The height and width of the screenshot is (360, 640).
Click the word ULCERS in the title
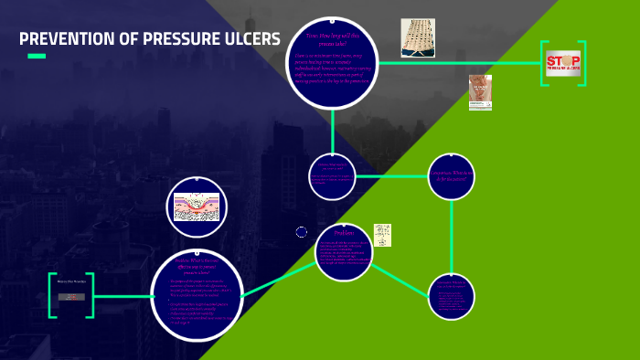tap(248, 39)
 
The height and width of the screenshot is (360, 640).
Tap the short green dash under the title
tap(37, 57)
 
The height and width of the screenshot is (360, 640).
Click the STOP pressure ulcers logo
tap(562, 63)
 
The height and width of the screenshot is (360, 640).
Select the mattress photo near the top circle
tap(418, 37)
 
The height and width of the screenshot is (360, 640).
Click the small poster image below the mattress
tap(480, 92)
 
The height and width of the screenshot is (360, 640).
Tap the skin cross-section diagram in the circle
tap(197, 207)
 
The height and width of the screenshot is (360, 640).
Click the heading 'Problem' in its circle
tap(344, 234)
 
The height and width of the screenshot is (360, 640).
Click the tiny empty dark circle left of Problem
tap(302, 232)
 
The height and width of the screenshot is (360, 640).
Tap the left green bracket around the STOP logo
tap(543, 63)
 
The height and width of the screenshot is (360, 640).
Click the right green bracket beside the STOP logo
tap(582, 63)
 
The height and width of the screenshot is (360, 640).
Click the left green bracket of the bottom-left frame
tap(51, 295)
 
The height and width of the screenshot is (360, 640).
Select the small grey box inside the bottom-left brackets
tap(71, 297)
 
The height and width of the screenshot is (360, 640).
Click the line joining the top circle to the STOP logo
tap(457, 62)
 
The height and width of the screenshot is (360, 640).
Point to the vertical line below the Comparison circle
tap(451, 238)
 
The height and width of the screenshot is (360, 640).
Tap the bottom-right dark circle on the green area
tap(451, 296)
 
